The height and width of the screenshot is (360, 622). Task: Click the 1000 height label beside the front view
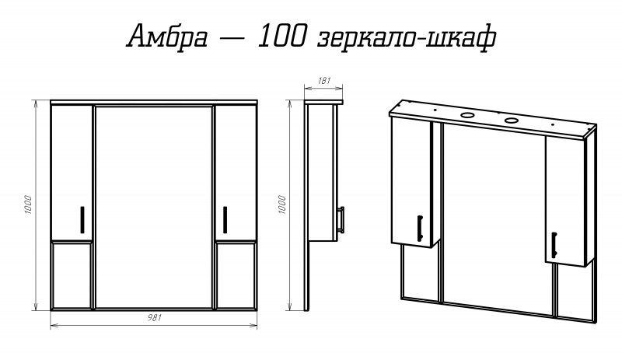point(29,204)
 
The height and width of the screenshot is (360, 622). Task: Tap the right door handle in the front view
point(224,218)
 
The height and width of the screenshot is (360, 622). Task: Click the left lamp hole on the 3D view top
point(468,115)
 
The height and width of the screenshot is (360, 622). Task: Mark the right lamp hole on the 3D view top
point(512,121)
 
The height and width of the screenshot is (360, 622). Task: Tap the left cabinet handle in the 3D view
point(419,226)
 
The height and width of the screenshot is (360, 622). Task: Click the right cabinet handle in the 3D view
point(554,243)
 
